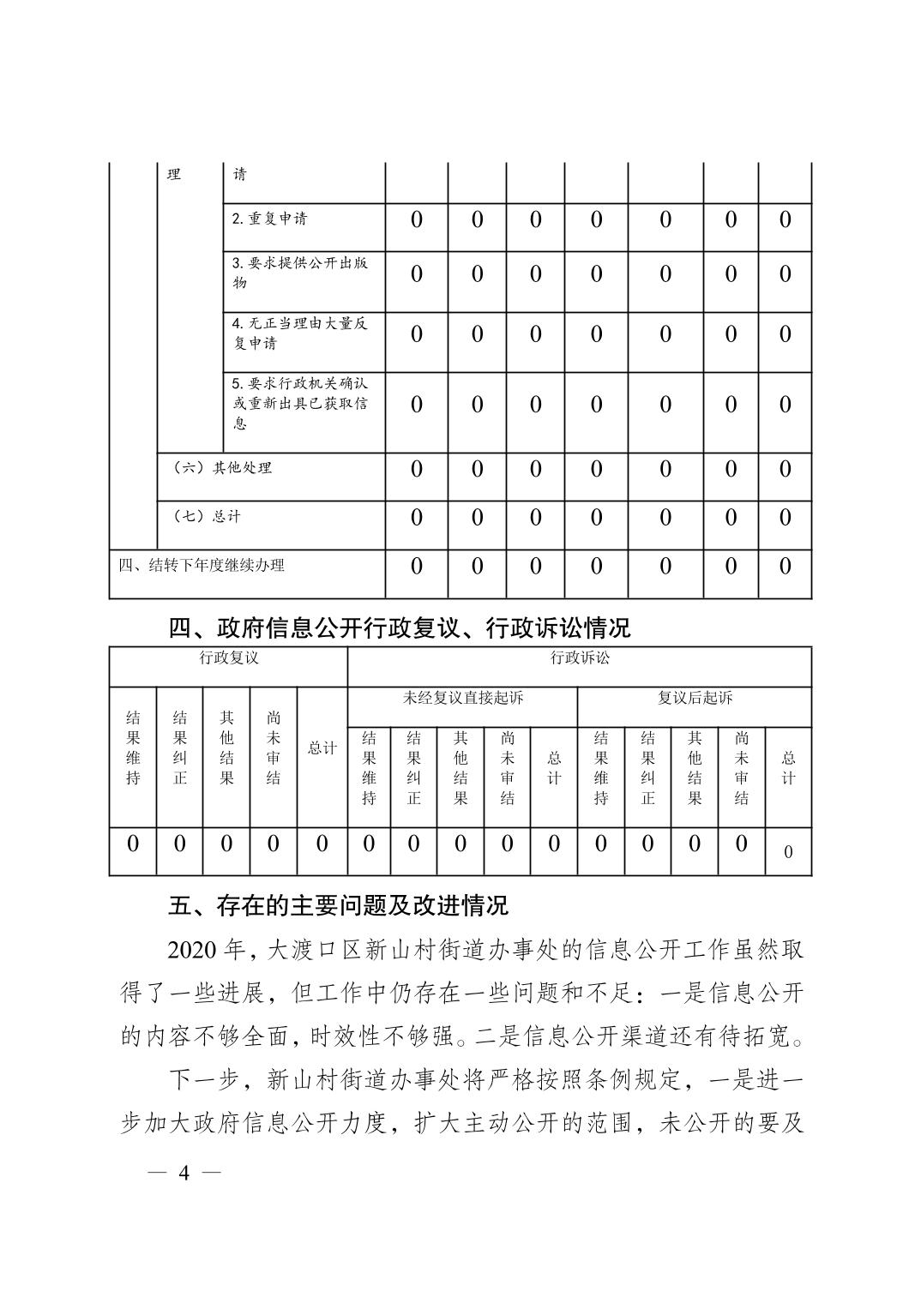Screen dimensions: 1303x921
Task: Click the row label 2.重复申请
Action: tap(269, 219)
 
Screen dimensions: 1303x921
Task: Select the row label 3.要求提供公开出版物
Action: tap(299, 273)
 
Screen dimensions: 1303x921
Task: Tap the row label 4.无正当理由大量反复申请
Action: tap(299, 333)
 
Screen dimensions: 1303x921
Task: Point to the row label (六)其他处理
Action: tap(222, 468)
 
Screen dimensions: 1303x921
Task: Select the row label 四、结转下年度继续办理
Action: tap(201, 565)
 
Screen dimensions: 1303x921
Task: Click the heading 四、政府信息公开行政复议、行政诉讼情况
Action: tap(400, 628)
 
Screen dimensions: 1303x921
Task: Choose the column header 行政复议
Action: tap(228, 658)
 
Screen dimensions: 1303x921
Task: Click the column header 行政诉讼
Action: tap(579, 658)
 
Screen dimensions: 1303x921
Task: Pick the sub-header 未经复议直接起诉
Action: tap(462, 698)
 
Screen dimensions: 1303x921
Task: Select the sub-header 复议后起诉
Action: tap(695, 698)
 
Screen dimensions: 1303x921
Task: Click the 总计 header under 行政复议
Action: tap(322, 748)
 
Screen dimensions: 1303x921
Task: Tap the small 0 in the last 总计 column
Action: tap(788, 852)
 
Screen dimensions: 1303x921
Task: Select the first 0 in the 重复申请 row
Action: tap(416, 220)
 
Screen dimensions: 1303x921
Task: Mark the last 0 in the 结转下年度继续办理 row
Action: tap(785, 566)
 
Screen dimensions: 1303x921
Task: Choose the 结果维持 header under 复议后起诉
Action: tap(601, 768)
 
